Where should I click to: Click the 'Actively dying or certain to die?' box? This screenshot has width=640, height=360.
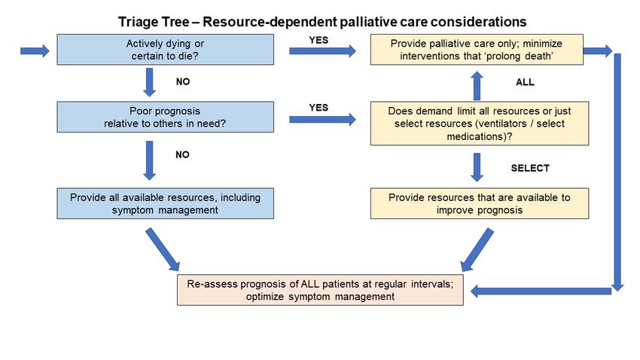coord(166,50)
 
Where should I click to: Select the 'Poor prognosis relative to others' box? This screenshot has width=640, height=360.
coord(166,117)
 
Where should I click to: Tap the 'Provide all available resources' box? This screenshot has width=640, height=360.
coord(166,203)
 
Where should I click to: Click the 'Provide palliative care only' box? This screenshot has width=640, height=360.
coord(477,50)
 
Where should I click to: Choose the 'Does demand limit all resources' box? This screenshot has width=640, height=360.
coord(480,124)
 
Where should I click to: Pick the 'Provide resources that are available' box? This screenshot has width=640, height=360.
coord(480,203)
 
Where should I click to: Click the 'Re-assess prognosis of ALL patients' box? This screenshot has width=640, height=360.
coord(321,290)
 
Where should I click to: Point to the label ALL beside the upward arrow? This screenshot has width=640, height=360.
coord(525,82)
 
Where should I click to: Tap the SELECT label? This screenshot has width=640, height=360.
coord(530,168)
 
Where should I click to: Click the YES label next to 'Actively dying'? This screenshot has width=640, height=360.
coord(318,40)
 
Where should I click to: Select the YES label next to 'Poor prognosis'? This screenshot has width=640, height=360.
coord(318,108)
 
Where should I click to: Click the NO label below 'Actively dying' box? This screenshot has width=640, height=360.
coord(183,81)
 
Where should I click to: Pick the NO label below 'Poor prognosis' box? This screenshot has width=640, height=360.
coord(182,154)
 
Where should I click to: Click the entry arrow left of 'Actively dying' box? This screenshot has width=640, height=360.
coord(35,51)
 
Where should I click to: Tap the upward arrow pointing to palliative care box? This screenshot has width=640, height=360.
coord(477,86)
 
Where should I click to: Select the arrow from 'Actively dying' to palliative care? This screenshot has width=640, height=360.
coord(322,51)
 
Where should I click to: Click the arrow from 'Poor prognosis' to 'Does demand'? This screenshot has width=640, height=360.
coord(322,120)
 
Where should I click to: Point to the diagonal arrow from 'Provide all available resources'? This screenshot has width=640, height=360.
coord(163,249)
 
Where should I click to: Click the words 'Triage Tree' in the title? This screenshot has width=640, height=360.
coord(154,22)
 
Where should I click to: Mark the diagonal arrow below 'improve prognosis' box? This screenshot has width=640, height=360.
coord(477,250)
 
